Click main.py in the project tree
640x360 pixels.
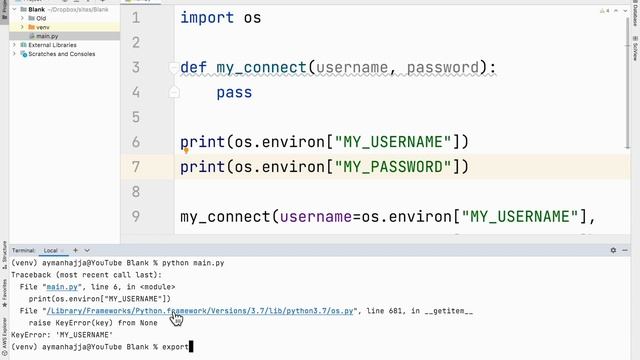[49, 36]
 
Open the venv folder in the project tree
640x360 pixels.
[43, 27]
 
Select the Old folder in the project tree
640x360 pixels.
[41, 18]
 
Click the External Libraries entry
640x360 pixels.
[52, 45]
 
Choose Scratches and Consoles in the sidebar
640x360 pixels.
[61, 54]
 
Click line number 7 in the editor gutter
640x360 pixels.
[136, 167]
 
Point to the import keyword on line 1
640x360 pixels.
[207, 18]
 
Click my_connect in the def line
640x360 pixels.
[262, 68]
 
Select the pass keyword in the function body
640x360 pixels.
[234, 93]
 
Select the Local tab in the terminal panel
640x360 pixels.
[50, 250]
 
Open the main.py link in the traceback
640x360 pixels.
[69, 287]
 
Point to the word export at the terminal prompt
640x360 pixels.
[172, 347]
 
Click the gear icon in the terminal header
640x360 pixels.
[613, 250]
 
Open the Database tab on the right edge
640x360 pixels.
[634, 20]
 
